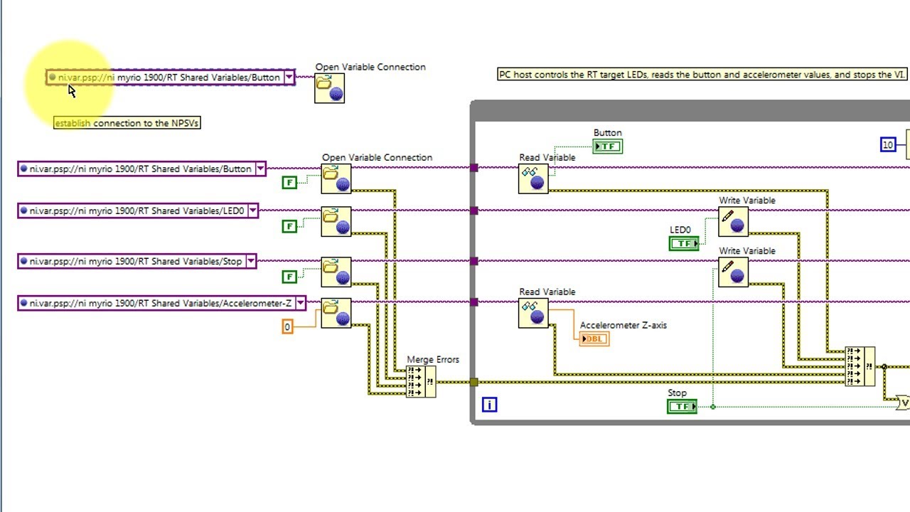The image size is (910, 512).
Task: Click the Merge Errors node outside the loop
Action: [x=420, y=382]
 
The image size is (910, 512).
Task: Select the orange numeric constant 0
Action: [x=287, y=326]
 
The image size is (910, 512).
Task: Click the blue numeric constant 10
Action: [x=887, y=145]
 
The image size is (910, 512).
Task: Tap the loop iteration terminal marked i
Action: [x=489, y=405]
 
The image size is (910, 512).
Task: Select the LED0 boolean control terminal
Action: [x=684, y=243]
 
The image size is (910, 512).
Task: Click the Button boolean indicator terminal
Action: [x=607, y=146]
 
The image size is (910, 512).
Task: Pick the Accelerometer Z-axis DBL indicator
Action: [x=594, y=339]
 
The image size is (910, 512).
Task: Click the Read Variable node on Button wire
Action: [x=533, y=178]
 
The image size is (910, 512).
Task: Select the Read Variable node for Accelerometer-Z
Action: [x=533, y=313]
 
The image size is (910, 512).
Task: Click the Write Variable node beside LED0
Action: [x=733, y=222]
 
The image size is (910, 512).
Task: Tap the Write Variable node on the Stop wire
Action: [x=733, y=272]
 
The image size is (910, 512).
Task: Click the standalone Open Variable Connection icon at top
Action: [x=329, y=88]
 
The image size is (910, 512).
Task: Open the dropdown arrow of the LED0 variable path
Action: [x=252, y=211]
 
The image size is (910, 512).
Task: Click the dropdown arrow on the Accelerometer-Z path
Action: [x=300, y=304]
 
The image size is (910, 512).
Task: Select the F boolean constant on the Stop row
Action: [x=289, y=277]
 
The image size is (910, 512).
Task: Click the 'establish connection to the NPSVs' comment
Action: [x=127, y=123]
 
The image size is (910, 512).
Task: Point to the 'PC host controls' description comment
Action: [x=702, y=75]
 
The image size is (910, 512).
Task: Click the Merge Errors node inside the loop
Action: [x=860, y=366]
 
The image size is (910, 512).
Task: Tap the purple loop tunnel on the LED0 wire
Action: [x=474, y=210]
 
